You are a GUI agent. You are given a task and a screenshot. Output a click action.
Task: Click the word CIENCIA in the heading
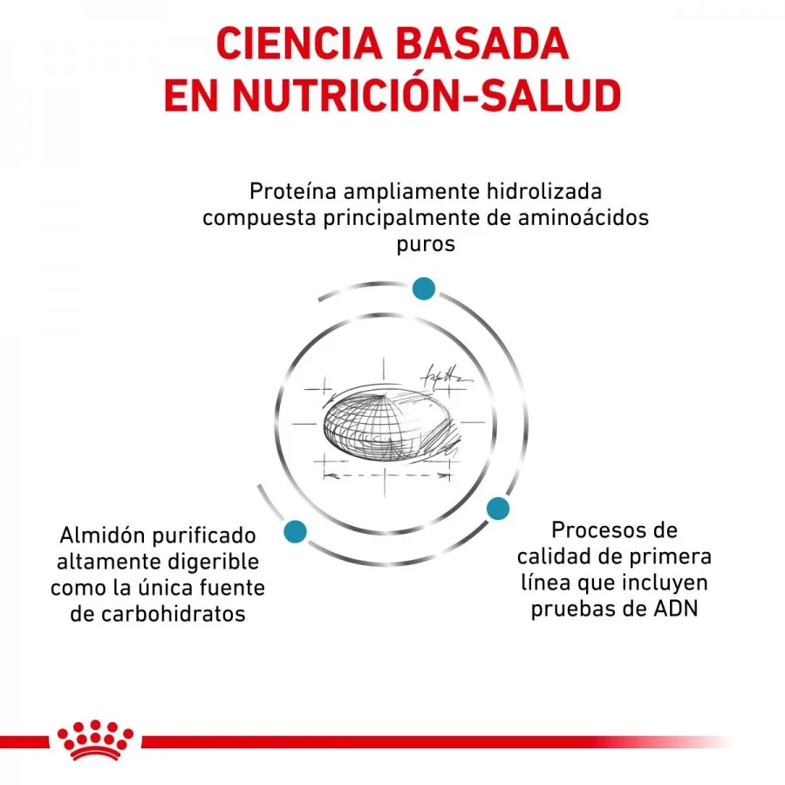click(299, 44)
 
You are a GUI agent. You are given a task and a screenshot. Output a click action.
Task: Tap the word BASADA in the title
click(482, 44)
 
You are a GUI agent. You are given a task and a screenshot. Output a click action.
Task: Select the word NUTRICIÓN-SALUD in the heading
click(427, 94)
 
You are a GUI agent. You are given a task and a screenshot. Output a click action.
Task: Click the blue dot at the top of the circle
click(424, 289)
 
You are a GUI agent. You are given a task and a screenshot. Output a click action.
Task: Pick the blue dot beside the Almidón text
click(295, 531)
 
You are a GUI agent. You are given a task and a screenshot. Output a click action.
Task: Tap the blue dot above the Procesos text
click(498, 509)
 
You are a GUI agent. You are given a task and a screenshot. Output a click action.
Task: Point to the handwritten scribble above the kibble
click(446, 377)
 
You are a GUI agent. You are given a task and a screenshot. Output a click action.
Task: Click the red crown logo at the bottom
click(95, 741)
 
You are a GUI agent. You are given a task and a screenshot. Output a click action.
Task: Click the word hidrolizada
click(544, 191)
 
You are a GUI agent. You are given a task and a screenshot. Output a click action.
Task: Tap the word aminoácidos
click(584, 218)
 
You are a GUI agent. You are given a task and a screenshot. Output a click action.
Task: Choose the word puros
click(426, 245)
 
